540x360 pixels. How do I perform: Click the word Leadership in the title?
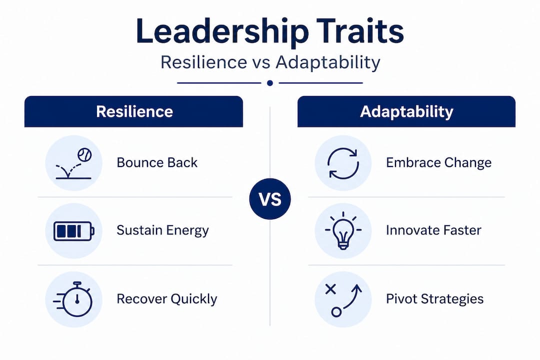click(222, 32)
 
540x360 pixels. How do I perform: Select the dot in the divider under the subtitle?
click(270, 83)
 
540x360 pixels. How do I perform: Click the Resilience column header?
click(133, 111)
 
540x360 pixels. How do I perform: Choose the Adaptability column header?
click(406, 111)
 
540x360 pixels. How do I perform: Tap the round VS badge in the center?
click(270, 199)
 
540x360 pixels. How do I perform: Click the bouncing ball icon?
click(73, 163)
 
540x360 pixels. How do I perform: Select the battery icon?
click(73, 231)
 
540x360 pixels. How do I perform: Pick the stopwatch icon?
click(73, 299)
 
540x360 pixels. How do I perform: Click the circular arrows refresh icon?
click(343, 163)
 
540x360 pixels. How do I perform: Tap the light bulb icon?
click(343, 230)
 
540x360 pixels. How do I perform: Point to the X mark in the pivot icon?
click(330, 289)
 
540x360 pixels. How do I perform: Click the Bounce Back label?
click(157, 162)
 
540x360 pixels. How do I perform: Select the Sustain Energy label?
click(162, 230)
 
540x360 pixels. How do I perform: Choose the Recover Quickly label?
click(166, 299)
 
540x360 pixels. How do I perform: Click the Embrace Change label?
click(438, 162)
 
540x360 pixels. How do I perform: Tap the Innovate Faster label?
click(433, 230)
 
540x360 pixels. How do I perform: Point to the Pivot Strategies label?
click(434, 298)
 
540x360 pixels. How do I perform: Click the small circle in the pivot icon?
click(336, 312)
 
